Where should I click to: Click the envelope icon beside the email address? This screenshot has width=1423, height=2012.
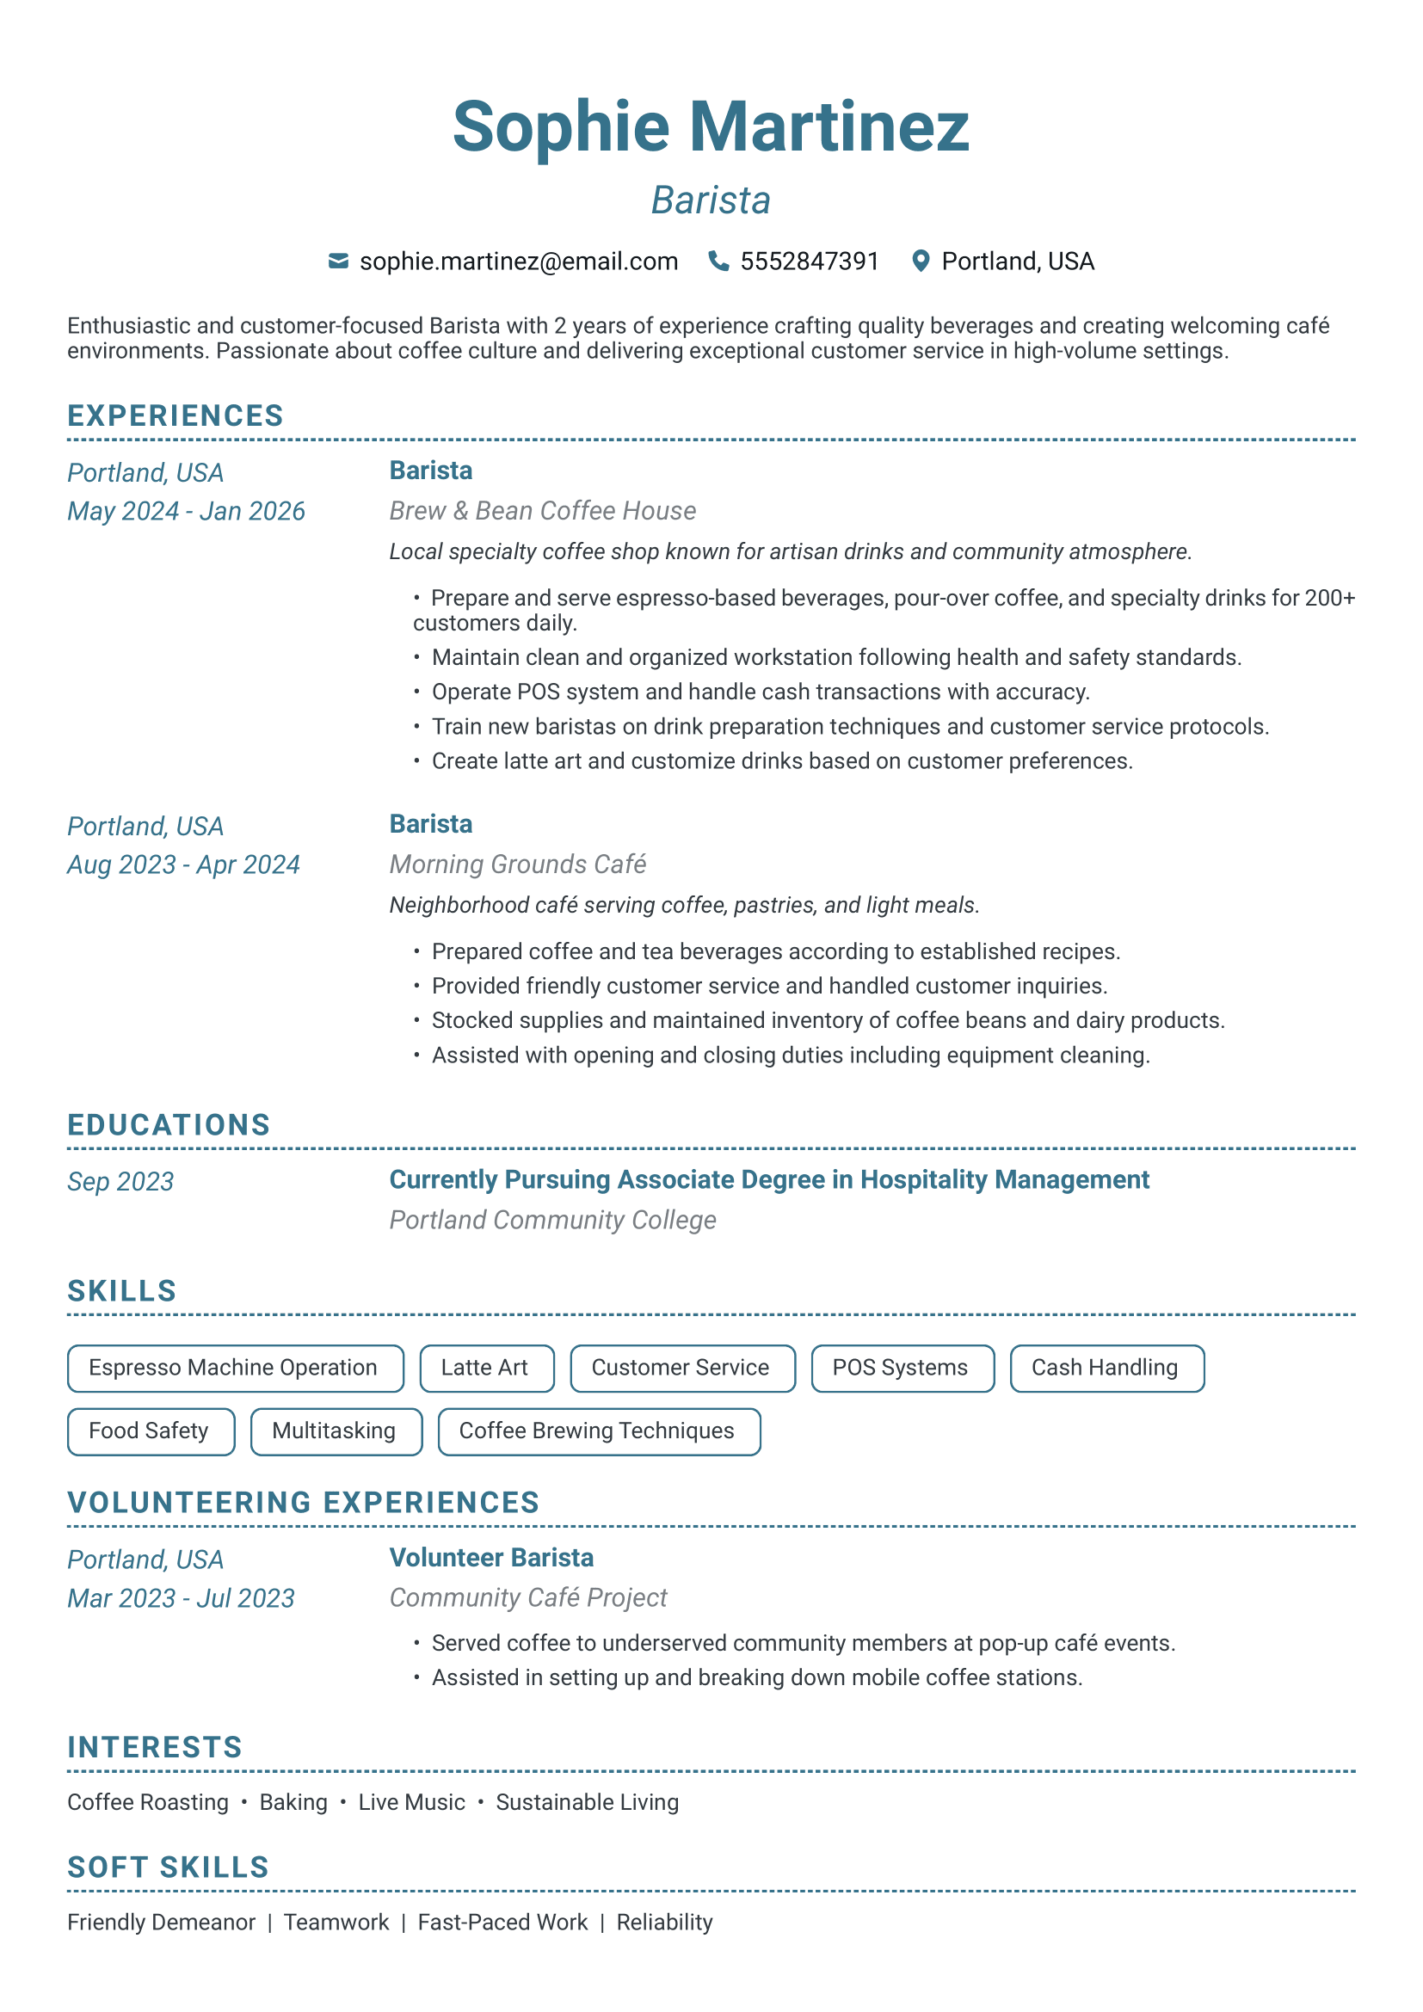click(x=338, y=261)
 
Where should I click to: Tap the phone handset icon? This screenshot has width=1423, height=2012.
click(x=718, y=261)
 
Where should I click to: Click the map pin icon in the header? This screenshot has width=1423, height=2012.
click(x=920, y=261)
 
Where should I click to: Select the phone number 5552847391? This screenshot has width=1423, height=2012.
click(x=809, y=261)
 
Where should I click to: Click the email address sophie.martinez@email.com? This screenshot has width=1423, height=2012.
click(x=519, y=261)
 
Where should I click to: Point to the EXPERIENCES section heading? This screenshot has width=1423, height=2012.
click(x=176, y=415)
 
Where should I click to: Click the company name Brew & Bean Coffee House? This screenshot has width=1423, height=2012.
click(x=542, y=511)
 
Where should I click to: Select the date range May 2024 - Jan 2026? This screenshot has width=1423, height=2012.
click(x=186, y=511)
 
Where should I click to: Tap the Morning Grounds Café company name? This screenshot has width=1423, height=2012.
click(x=517, y=864)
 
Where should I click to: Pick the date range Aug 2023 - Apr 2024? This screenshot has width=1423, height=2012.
click(x=183, y=864)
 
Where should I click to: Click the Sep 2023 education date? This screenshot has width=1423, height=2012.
click(x=120, y=1181)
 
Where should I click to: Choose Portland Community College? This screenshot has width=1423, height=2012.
click(x=552, y=1220)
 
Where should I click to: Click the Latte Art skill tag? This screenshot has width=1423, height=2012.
click(x=486, y=1368)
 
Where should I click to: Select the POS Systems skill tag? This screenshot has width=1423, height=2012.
click(x=902, y=1368)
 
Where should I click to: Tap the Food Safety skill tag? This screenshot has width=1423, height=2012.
click(x=151, y=1431)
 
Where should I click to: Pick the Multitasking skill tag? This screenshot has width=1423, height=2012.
click(x=336, y=1431)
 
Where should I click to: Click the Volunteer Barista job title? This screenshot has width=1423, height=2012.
click(x=490, y=1557)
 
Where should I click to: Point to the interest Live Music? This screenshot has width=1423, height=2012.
click(x=411, y=1802)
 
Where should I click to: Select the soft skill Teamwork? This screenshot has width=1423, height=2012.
click(x=336, y=1922)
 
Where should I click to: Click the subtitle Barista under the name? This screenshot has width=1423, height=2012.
click(x=711, y=200)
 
